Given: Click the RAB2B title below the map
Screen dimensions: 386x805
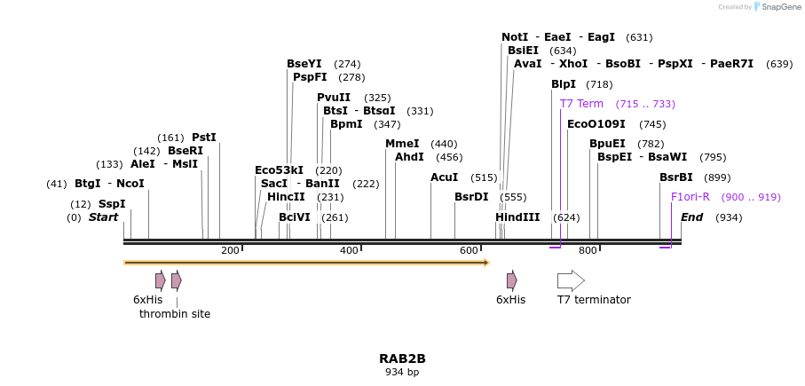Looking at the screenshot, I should pyautogui.click(x=402, y=358).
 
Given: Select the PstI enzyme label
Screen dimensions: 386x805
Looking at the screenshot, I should pyautogui.click(x=204, y=138).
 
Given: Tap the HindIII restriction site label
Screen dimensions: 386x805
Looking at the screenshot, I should pyautogui.click(x=517, y=217).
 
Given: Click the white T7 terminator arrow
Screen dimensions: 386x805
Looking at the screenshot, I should pyautogui.click(x=571, y=281).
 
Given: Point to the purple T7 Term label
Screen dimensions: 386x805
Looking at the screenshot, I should pyautogui.click(x=581, y=104).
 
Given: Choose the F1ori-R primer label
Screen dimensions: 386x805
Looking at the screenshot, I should pyautogui.click(x=690, y=197).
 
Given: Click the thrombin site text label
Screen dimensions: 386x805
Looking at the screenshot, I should pyautogui.click(x=175, y=314).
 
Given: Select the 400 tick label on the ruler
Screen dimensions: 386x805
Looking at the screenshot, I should pyautogui.click(x=349, y=251).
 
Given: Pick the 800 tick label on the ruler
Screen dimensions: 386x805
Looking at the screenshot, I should pyautogui.click(x=588, y=251).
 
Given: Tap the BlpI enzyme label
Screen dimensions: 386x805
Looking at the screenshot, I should pyautogui.click(x=564, y=84).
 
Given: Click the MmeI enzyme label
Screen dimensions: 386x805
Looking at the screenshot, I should pyautogui.click(x=402, y=144).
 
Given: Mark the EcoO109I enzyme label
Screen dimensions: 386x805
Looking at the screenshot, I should pyautogui.click(x=596, y=124).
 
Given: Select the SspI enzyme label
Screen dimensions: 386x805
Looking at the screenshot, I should pyautogui.click(x=112, y=204).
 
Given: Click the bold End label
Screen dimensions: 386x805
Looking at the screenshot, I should pyautogui.click(x=691, y=217).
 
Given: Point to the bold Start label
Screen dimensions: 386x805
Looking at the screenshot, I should pyautogui.click(x=103, y=217).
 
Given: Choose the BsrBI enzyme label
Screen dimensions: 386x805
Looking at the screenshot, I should pyautogui.click(x=676, y=177).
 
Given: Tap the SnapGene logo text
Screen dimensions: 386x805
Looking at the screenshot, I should pyautogui.click(x=777, y=7).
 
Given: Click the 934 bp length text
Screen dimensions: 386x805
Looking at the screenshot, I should pyautogui.click(x=402, y=373).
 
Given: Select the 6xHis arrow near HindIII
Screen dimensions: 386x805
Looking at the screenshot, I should pyautogui.click(x=511, y=281).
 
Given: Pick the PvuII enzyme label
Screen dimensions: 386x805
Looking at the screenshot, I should pyautogui.click(x=334, y=98).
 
